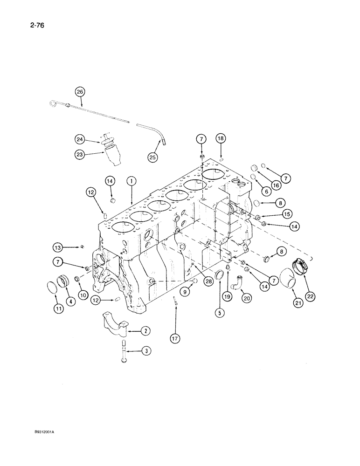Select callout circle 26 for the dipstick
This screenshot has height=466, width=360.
[80, 92]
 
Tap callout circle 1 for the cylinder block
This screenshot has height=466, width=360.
[132, 180]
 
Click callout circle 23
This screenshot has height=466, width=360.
[80, 151]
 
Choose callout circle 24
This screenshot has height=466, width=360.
[80, 138]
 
